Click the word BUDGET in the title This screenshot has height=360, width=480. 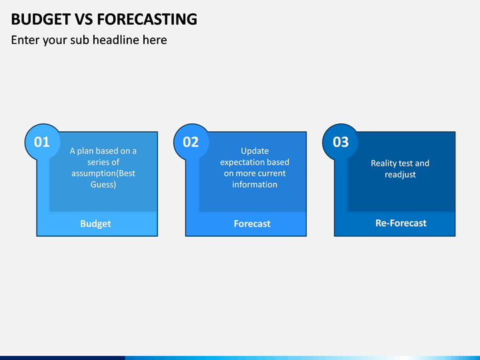click(x=41, y=19)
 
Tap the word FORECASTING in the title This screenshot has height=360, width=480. click(x=147, y=19)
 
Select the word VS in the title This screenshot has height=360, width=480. click(x=84, y=19)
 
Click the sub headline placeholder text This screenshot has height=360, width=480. click(x=89, y=40)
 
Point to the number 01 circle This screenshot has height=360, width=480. click(x=42, y=142)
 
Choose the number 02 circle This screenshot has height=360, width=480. click(x=191, y=142)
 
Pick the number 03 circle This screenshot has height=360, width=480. click(x=340, y=142)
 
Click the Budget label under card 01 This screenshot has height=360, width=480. click(x=95, y=224)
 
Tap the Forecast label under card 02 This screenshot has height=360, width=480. click(x=252, y=224)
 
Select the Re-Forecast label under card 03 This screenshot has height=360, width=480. click(x=401, y=223)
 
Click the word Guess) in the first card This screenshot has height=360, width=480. click(x=103, y=185)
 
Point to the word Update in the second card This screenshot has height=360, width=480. click(x=255, y=151)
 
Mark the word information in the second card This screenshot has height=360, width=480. click(x=255, y=185)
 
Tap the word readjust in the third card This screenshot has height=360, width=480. click(x=400, y=175)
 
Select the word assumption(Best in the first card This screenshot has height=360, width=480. click(x=103, y=173)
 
